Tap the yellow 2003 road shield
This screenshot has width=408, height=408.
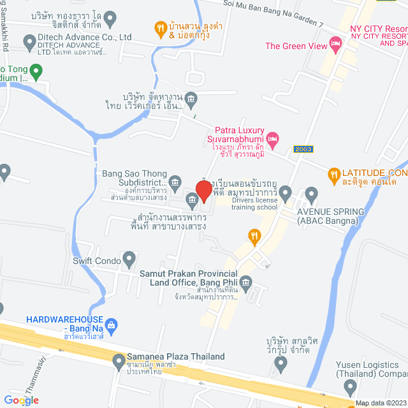[303, 149]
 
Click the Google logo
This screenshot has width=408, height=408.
[20, 400]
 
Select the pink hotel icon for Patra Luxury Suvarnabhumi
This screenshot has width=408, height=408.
[273, 137]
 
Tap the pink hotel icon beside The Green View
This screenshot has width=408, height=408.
[335, 44]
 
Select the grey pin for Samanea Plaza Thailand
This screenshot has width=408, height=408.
[119, 361]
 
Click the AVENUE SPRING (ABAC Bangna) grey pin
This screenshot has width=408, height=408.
[311, 193]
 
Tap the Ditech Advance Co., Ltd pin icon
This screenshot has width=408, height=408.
[29, 43]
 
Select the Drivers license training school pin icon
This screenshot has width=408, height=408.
[286, 192]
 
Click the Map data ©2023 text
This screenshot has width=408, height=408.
[381, 403]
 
